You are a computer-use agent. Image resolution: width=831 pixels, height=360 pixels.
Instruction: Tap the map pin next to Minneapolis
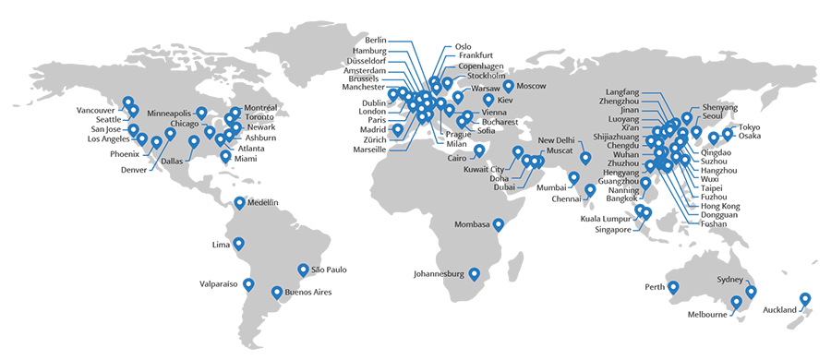coord(201,113)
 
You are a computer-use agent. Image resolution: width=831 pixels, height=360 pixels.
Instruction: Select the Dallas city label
coord(173,161)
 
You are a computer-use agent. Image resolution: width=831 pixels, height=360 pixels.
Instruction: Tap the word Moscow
coord(532,86)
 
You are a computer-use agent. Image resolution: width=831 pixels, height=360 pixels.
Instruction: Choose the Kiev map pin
coord(488,98)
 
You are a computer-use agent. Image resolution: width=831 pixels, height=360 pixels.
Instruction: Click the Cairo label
coord(458,158)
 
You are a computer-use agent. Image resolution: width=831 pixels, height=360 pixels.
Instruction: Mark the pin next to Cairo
coord(480,150)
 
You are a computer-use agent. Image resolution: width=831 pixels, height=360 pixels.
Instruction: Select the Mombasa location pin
coord(499,222)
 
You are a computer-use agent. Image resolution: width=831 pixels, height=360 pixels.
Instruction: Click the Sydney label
coord(729,279)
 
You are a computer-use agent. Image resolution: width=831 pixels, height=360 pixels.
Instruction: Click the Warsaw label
coord(485,87)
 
